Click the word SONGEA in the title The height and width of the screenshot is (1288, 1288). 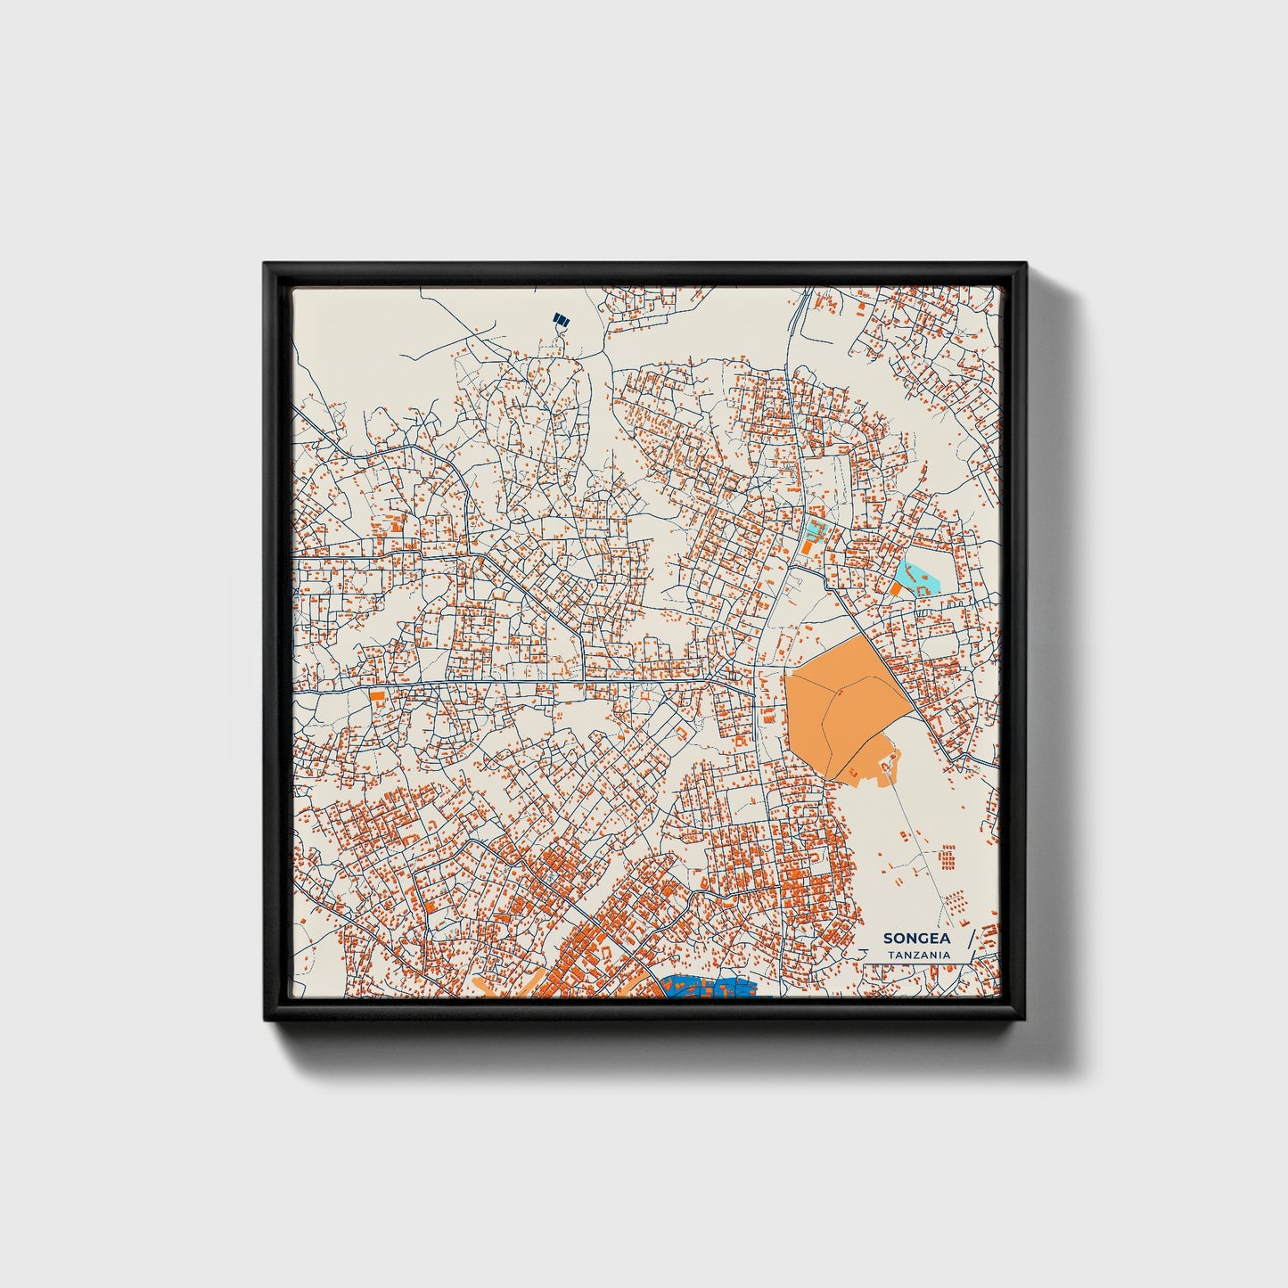coord(916,939)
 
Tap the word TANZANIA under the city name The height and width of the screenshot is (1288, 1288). coord(918,955)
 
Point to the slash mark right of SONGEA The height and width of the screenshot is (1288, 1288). coord(972,939)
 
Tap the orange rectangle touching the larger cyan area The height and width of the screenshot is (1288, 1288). coord(896,589)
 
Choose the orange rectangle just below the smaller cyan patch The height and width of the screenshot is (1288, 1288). coord(808,546)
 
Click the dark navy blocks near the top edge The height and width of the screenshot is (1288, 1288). coord(561,319)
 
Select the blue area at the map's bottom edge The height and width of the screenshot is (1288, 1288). coord(709,988)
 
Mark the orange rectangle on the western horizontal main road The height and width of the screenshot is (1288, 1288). coord(377,694)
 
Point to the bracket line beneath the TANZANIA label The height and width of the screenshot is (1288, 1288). coord(918,963)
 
